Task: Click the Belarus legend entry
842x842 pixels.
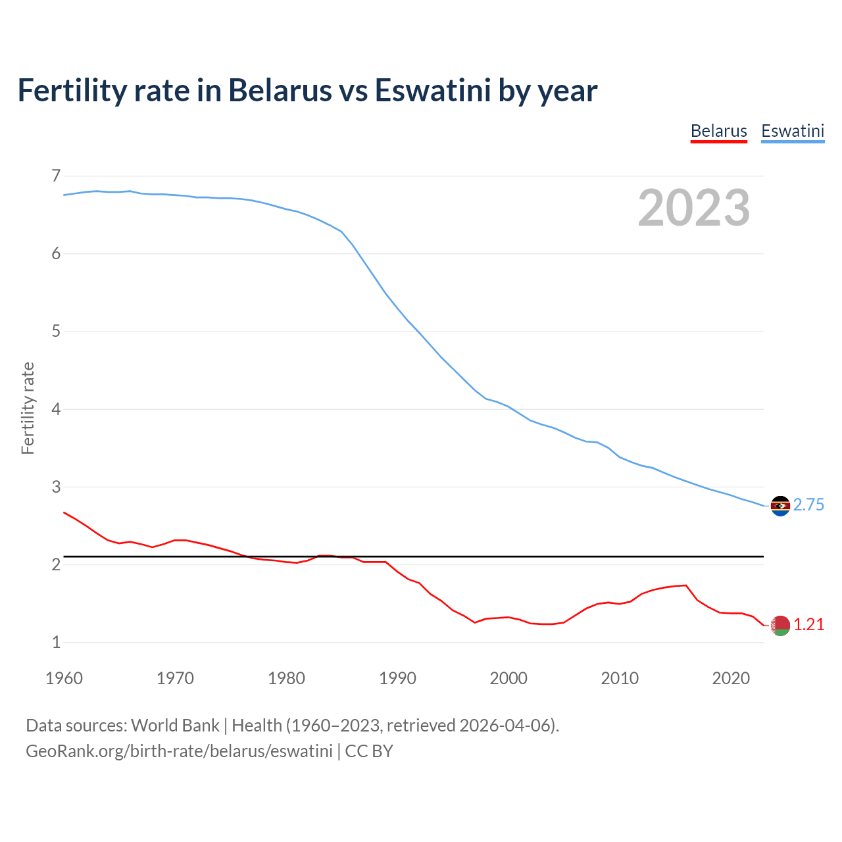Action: [x=718, y=131]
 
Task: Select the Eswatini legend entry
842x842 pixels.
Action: [x=792, y=131]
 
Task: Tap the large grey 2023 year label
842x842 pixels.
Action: [x=693, y=208]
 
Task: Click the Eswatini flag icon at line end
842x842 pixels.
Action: [x=780, y=506]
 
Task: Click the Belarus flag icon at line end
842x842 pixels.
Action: [x=780, y=626]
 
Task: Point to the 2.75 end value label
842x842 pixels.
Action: [x=808, y=505]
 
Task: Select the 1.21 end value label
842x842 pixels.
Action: [x=808, y=624]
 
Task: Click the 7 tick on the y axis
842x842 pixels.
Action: [x=56, y=176]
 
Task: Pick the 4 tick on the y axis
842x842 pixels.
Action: [x=56, y=409]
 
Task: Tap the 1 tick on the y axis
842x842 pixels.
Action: [x=56, y=642]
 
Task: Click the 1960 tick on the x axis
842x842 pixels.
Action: [x=64, y=678]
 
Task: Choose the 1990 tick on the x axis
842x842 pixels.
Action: [x=397, y=678]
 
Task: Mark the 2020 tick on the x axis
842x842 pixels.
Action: [x=731, y=678]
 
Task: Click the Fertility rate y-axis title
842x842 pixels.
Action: [x=28, y=408]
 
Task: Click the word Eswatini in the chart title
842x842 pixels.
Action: [x=432, y=90]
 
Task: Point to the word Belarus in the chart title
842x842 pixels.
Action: [x=280, y=90]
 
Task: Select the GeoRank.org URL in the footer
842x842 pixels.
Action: [x=179, y=751]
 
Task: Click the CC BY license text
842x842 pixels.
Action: [x=369, y=751]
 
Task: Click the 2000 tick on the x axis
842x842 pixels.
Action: [x=508, y=678]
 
